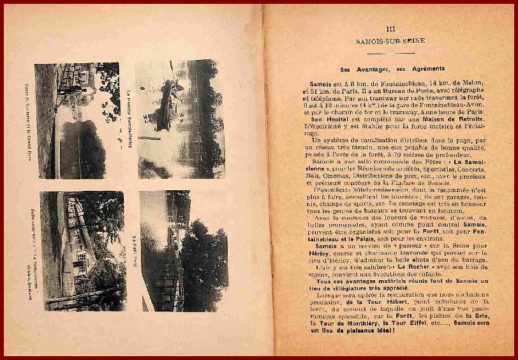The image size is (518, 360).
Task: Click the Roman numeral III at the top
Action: (x=391, y=29)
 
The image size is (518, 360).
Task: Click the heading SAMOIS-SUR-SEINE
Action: (x=391, y=41)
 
